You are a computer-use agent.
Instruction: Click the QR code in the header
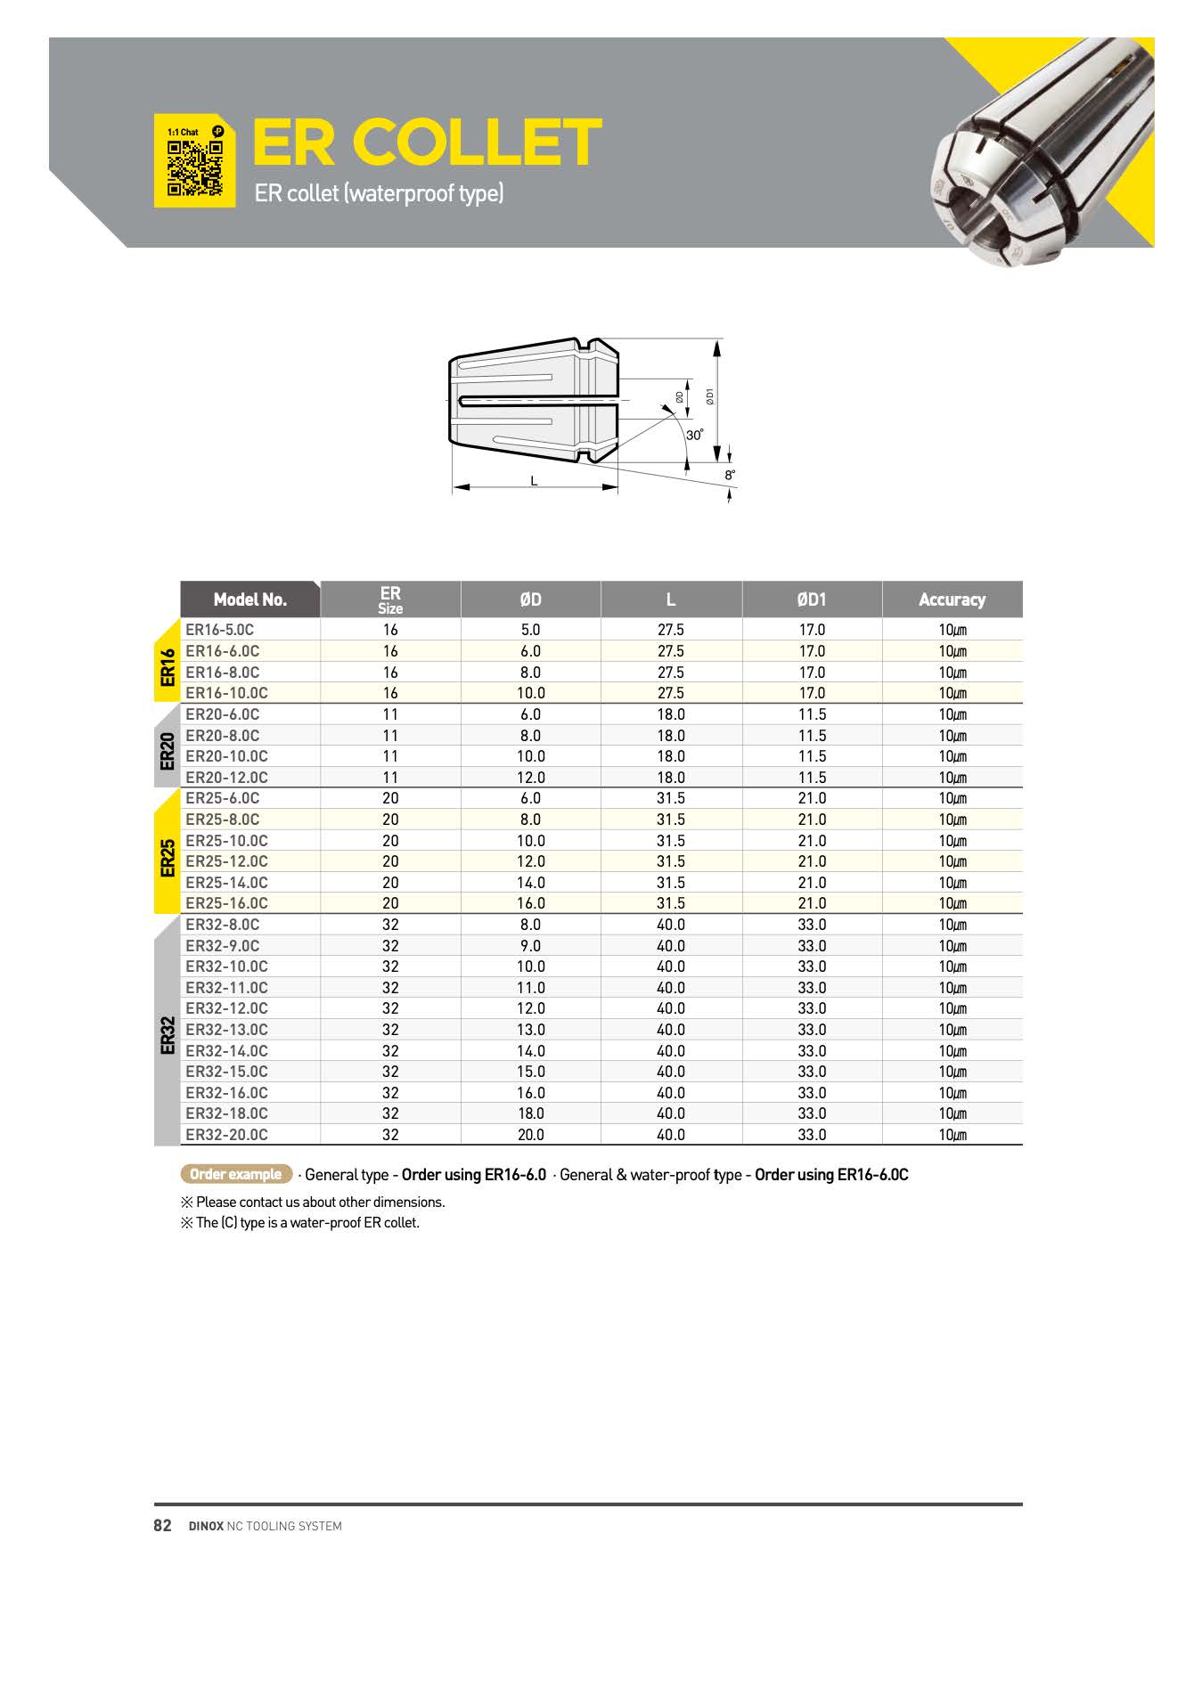click(x=194, y=167)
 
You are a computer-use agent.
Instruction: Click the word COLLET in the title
click(x=477, y=143)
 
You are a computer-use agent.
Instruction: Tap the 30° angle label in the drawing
click(x=695, y=436)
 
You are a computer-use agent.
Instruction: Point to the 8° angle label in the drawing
click(x=730, y=476)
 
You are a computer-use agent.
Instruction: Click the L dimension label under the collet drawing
click(x=534, y=481)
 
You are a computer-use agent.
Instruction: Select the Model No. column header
click(x=250, y=599)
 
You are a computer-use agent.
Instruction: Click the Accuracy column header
click(x=952, y=599)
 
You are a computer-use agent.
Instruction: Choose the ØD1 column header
click(x=812, y=599)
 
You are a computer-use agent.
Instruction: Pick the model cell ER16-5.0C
click(x=220, y=630)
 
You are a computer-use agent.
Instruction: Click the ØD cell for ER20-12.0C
click(x=531, y=778)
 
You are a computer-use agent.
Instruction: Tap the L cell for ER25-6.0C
click(x=671, y=798)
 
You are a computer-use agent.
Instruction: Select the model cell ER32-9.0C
click(x=223, y=946)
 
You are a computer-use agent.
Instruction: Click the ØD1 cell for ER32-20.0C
click(x=812, y=1135)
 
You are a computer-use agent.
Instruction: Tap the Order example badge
click(x=236, y=1174)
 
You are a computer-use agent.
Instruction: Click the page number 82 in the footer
click(x=162, y=1526)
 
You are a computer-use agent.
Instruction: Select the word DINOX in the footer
click(x=206, y=1527)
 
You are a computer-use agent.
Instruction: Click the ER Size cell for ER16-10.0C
click(x=390, y=693)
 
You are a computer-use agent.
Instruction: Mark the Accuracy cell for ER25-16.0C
click(x=952, y=903)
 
